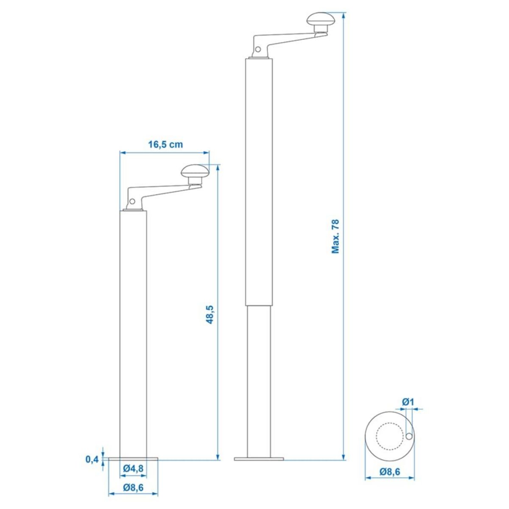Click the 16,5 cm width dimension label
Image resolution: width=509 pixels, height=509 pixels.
click(165, 145)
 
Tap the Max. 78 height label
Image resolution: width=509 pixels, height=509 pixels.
click(336, 236)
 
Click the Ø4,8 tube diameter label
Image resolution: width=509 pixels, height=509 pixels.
click(132, 469)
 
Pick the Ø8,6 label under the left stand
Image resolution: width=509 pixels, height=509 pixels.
click(133, 487)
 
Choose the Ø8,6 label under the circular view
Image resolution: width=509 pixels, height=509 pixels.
click(390, 471)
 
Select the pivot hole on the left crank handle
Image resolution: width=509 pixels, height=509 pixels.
click(132, 201)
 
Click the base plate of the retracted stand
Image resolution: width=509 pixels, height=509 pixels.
click(133, 459)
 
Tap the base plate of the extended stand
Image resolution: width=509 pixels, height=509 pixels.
click(259, 459)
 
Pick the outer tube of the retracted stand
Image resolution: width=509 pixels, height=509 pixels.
click(133, 331)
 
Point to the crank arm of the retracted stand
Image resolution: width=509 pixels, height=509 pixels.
click(165, 193)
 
